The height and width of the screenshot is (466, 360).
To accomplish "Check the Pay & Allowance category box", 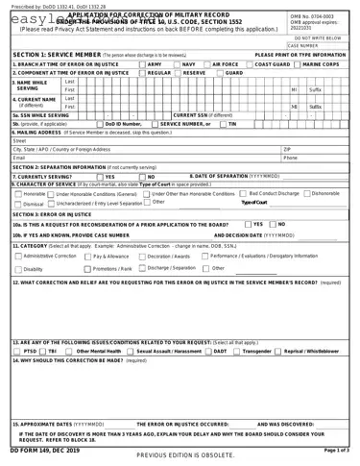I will (x=87, y=258).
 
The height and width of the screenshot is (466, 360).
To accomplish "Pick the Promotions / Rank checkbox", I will (x=87, y=269).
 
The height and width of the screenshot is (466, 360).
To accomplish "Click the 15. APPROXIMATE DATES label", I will (x=52, y=424).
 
